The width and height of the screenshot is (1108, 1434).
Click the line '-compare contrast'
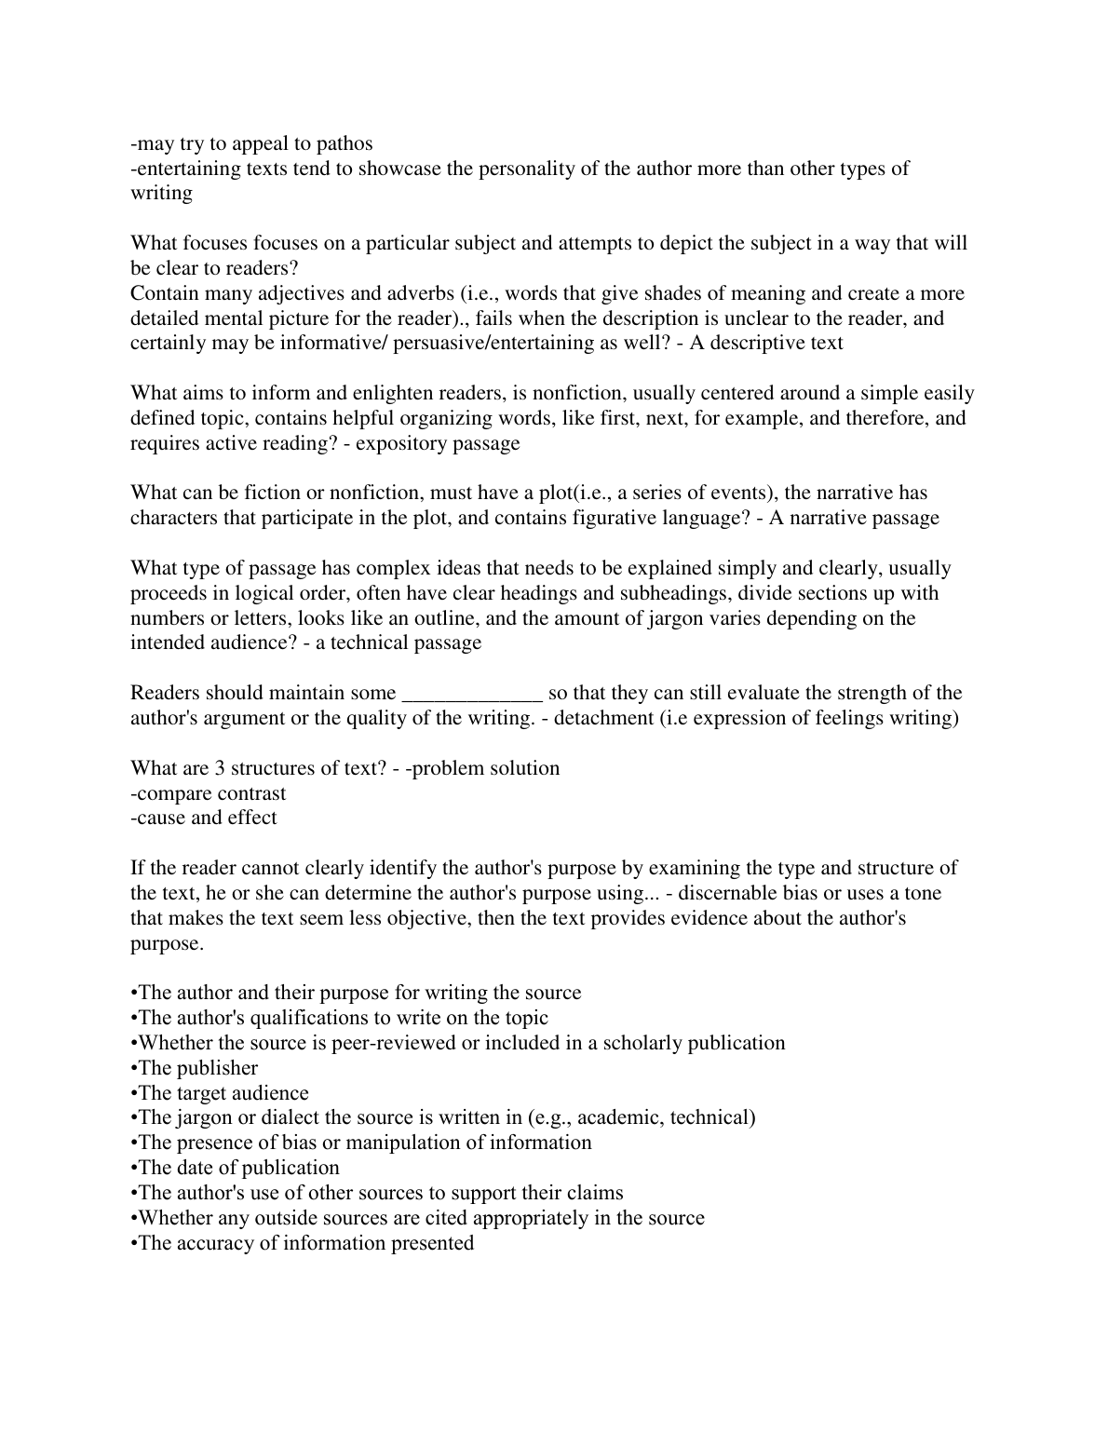coord(209,793)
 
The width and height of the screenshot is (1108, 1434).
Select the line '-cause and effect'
coord(204,818)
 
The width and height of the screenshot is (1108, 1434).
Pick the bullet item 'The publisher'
coord(195,1068)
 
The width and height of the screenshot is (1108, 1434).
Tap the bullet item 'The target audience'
coord(220,1093)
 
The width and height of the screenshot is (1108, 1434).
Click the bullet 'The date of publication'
coord(236,1168)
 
